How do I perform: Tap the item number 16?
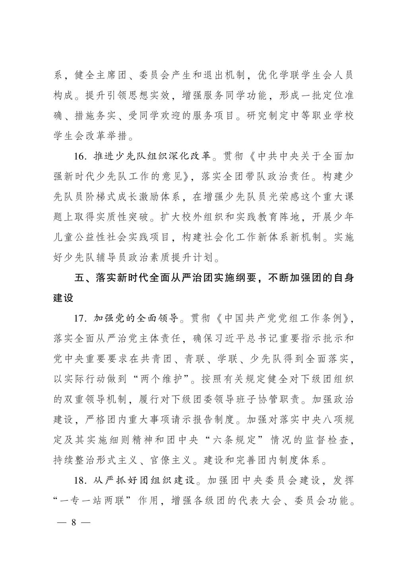point(81,156)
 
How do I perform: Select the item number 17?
point(81,318)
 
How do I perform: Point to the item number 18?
point(81,480)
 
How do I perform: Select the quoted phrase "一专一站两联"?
point(95,500)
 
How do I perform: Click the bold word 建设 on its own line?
point(64,298)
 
